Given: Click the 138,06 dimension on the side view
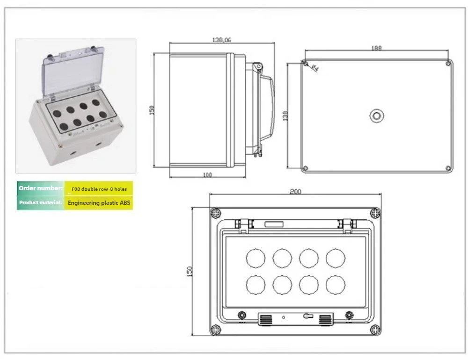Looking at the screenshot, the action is pos(221,40).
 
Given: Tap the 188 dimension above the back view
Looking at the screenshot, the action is pos(376,48).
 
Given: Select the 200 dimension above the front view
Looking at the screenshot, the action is pos(295,191).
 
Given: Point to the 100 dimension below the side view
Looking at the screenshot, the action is pos(207,175).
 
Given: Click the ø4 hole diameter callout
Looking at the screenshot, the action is pos(314,68).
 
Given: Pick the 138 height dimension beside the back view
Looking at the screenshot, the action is pos(285,116).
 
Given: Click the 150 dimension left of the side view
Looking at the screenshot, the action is pos(152,110).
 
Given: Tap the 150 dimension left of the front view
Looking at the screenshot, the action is pos(189,271).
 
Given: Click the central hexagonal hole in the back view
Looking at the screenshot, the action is pos(377,116).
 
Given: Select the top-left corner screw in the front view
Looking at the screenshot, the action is pos(215,213).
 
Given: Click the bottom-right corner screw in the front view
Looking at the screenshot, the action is pos(375,330).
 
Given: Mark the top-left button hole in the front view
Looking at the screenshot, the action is pos(256,258).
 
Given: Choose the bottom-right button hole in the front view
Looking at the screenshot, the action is pos(336,285).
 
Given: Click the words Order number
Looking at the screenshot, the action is pos(41,188).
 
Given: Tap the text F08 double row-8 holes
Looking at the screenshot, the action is pos(99,189).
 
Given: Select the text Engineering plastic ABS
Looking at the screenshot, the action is pos(99,203).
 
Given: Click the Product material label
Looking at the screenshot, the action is pos(40,202).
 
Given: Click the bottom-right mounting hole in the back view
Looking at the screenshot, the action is pos(448,168).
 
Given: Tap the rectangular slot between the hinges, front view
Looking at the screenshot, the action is pos(274,224).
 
